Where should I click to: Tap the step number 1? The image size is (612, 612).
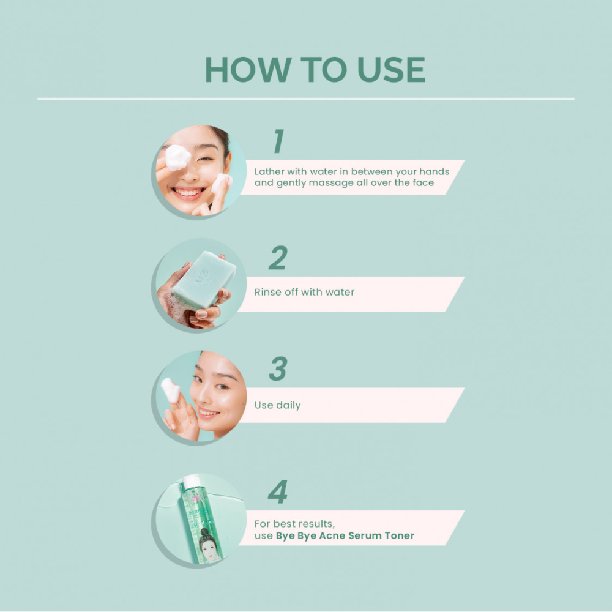[278, 141]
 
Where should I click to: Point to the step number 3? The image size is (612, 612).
[278, 369]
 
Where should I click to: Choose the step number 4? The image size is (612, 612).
[278, 493]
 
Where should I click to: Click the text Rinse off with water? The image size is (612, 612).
[304, 293]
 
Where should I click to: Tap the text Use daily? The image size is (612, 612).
[277, 405]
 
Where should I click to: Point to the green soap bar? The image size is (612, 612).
[203, 279]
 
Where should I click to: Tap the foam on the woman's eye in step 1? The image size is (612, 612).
[177, 157]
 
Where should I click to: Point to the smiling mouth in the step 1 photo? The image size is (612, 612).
[189, 192]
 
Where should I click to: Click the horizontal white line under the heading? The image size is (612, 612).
[306, 99]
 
